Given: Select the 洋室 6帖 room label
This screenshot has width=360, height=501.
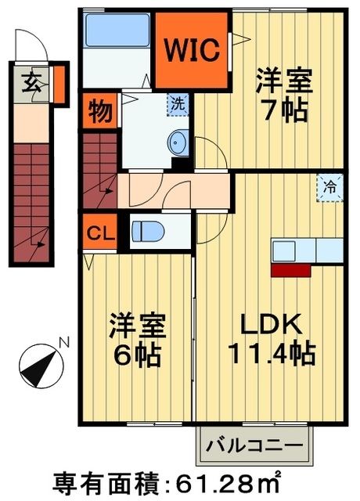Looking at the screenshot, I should coord(135,341).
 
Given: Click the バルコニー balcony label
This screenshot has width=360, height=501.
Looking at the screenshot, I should coord(254,446).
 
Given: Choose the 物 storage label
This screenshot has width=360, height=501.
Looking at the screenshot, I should coord(99,110).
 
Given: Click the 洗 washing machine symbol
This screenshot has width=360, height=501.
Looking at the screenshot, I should coord(179,102).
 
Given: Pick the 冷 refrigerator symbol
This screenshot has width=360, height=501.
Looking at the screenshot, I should coord(329,187).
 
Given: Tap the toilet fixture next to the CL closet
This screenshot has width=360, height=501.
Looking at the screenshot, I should coord(147,232).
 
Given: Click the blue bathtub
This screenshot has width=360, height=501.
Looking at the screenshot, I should coord(116,31).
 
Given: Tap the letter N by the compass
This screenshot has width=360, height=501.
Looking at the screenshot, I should coord(66,341).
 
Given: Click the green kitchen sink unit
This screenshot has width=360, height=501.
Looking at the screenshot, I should coord(308,250).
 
